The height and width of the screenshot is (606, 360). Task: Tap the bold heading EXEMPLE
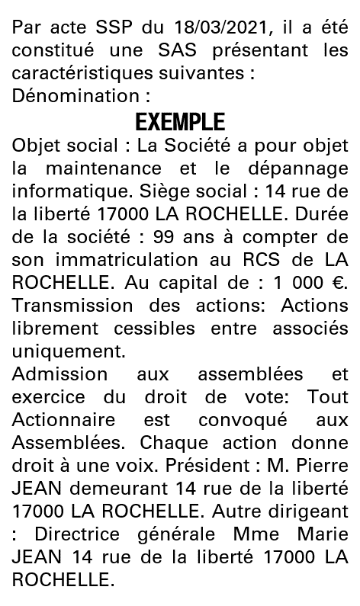(180, 122)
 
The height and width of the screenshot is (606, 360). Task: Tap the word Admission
(59, 377)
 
